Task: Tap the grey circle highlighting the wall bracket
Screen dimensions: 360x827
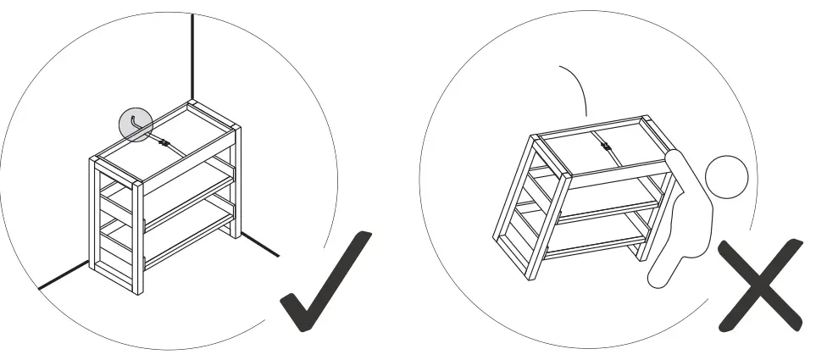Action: pos(135,125)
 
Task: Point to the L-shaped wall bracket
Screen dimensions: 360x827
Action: pos(135,125)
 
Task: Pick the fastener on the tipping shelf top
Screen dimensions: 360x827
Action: pos(606,147)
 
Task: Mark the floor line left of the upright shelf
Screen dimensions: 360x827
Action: pos(64,274)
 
